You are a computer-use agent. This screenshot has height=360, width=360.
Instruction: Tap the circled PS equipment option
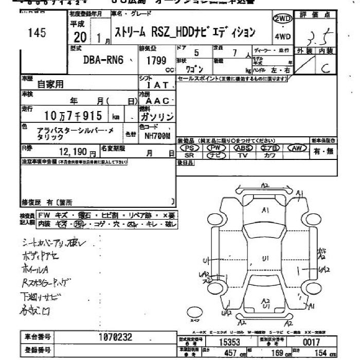coord(189,148)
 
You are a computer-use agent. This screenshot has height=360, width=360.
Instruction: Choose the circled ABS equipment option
coord(242,148)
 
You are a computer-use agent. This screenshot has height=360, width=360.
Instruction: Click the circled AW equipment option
coord(296,148)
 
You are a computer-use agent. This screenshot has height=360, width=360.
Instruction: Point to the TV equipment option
coord(242,155)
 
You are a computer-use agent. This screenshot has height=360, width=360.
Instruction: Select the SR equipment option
coord(189,155)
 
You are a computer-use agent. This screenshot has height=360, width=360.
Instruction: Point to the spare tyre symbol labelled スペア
coord(195,312)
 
